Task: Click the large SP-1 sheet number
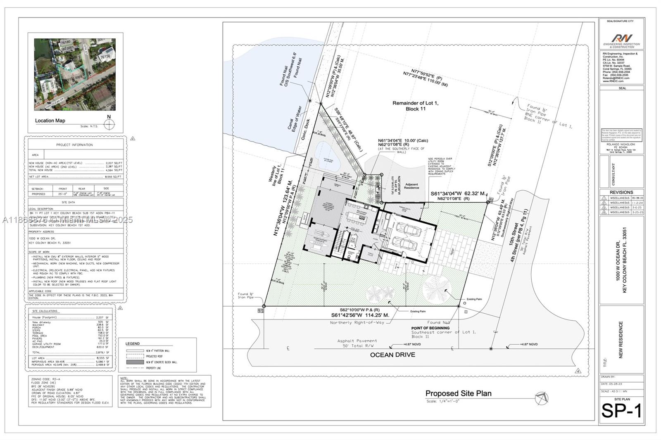click(x=621, y=411)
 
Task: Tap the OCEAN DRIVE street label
click(x=392, y=355)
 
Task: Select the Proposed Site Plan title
click(x=458, y=393)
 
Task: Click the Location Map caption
click(x=50, y=121)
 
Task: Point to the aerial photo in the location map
click(x=75, y=74)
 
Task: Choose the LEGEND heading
click(x=133, y=343)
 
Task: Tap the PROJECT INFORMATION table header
click(x=75, y=145)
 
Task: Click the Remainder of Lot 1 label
click(x=415, y=106)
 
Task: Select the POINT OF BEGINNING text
click(x=430, y=328)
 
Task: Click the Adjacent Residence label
click(x=411, y=186)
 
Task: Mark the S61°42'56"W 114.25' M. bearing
click(x=360, y=315)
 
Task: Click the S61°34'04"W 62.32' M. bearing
click(x=458, y=193)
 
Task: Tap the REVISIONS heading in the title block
click(x=621, y=192)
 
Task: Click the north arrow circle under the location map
click(x=109, y=124)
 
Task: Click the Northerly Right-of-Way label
click(x=357, y=322)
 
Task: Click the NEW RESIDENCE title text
click(x=621, y=339)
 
